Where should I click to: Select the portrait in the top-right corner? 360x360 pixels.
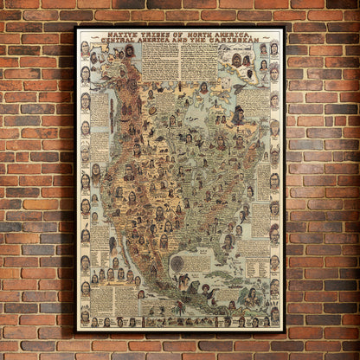coord(274,48)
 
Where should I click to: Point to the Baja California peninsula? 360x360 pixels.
coord(121,251)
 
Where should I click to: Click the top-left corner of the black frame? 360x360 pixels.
coord(76,27)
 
